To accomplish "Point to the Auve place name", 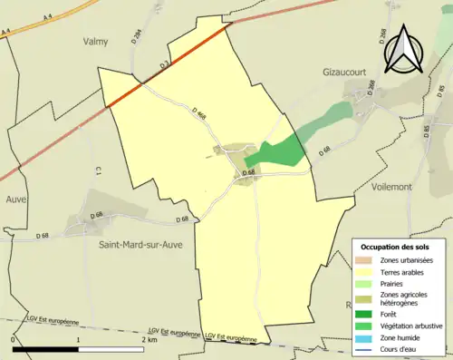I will (15, 199).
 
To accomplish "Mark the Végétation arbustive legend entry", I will (410, 326).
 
